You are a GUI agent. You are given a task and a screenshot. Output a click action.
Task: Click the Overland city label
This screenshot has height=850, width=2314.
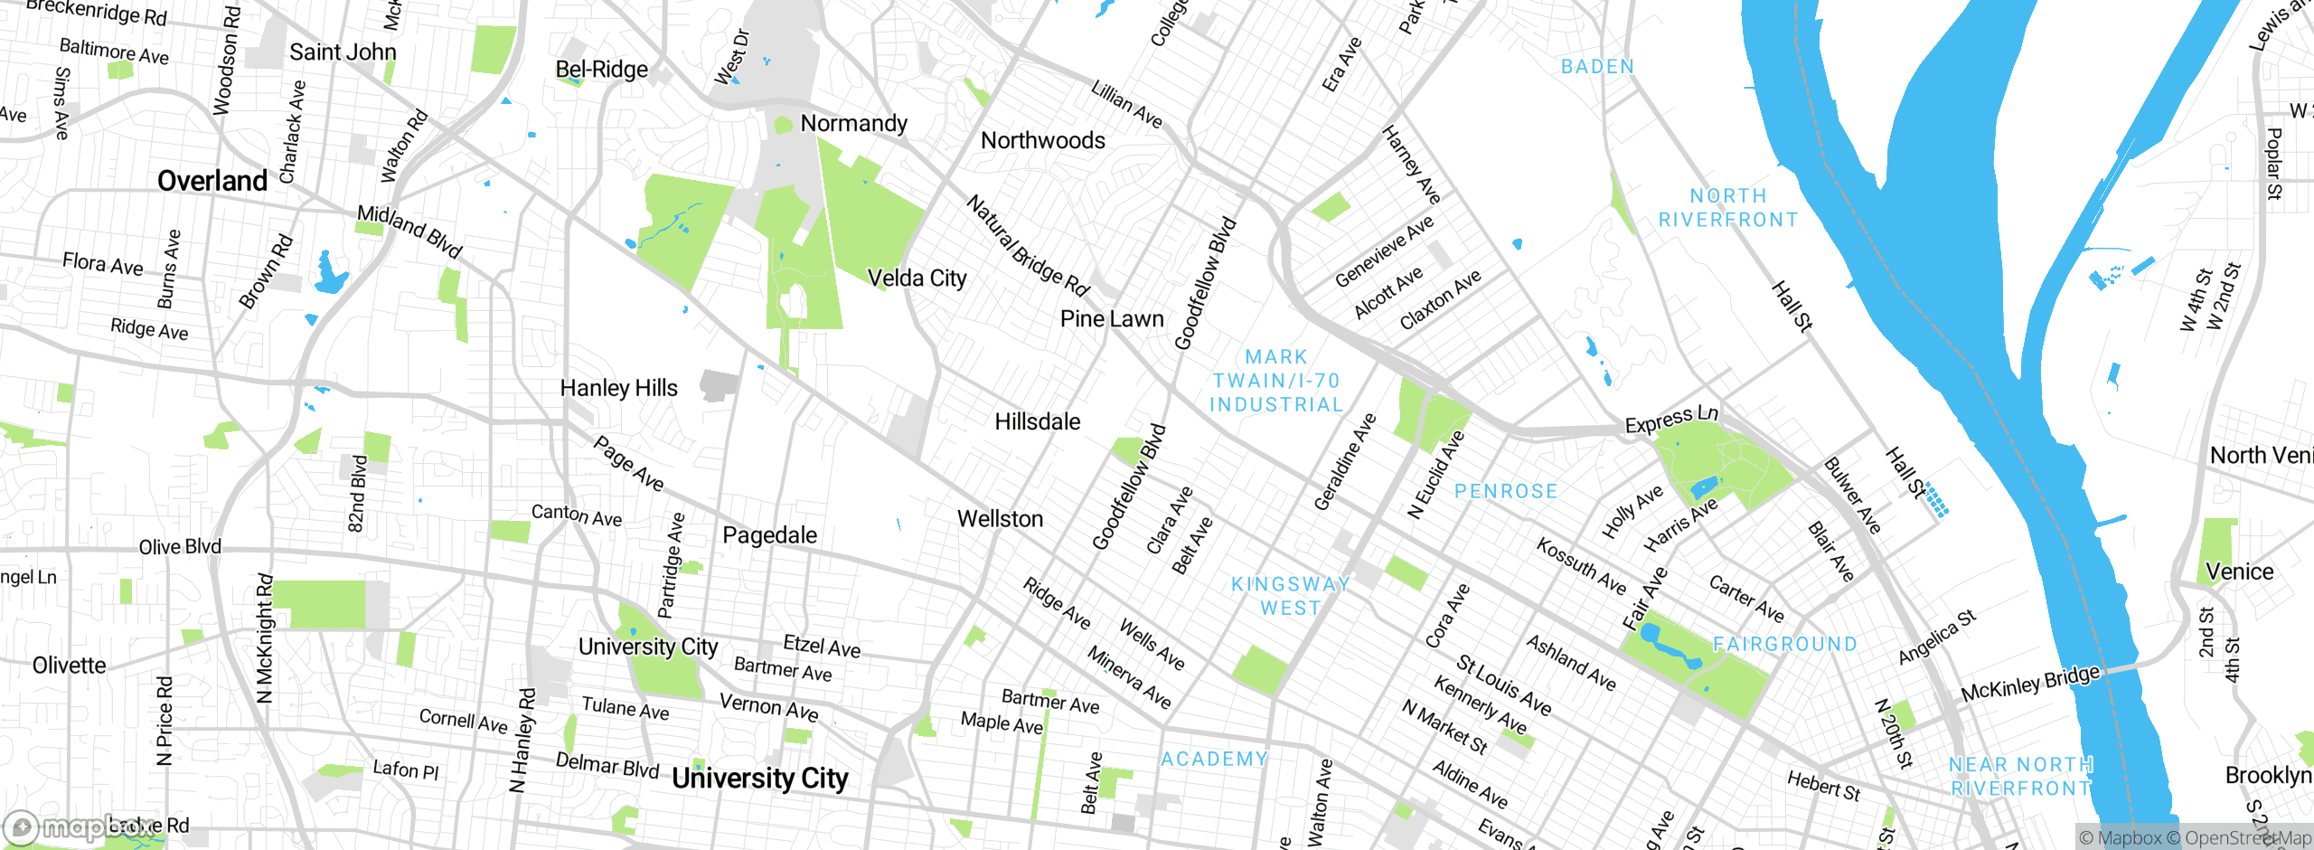(212, 181)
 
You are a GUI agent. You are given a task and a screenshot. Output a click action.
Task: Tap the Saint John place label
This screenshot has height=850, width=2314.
(343, 52)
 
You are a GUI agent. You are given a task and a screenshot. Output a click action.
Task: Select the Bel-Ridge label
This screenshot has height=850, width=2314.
(601, 70)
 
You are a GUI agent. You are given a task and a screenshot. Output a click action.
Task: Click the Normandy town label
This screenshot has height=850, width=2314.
(853, 123)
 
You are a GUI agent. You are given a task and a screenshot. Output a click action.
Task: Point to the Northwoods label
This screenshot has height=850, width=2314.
(1042, 140)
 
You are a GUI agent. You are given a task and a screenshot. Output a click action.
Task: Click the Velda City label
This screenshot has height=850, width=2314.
(917, 279)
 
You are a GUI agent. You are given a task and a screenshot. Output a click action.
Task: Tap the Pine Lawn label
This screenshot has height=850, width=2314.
(1111, 319)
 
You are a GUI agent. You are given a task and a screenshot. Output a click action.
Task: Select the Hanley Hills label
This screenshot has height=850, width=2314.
(618, 388)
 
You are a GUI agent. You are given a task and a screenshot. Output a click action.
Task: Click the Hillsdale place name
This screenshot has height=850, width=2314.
(1037, 422)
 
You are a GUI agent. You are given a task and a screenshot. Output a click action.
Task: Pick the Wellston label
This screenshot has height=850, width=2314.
(1000, 519)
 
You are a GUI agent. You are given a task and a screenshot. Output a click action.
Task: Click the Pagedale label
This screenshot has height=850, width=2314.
(769, 535)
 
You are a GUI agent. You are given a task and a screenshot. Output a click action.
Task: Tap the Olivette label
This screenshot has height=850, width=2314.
(69, 666)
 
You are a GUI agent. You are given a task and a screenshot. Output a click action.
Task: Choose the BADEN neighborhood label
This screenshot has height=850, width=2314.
(1597, 67)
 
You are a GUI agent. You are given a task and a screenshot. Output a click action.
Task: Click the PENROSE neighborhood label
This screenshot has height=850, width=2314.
(1505, 491)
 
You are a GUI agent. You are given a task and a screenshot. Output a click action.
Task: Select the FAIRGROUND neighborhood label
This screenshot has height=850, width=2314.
(1784, 644)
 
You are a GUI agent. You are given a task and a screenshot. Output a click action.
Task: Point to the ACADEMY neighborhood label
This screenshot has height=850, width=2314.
(1214, 759)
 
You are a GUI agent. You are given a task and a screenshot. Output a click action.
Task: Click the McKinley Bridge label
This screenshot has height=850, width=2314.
(2029, 684)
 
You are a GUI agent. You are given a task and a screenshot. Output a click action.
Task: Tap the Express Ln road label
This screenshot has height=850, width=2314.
(1670, 419)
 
